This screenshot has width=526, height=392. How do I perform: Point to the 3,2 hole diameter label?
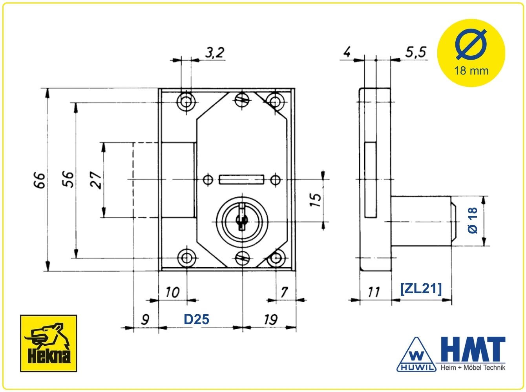(215, 53)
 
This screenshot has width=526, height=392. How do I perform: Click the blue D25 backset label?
(196, 319)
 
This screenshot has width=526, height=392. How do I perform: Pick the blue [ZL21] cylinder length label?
(421, 289)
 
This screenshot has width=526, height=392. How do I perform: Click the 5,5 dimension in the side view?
(416, 52)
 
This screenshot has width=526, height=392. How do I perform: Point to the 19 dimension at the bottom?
(271, 319)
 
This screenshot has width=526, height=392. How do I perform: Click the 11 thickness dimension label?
(374, 292)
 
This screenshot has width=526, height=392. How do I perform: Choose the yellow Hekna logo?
(48, 343)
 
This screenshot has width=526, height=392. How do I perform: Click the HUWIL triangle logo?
(416, 354)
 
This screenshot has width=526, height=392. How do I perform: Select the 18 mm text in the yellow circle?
(471, 71)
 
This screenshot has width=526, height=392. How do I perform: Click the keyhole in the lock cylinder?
(242, 217)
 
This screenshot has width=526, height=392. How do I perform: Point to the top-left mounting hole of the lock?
(186, 102)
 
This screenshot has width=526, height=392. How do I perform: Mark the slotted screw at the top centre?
(242, 98)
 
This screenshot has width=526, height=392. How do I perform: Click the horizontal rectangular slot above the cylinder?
(241, 180)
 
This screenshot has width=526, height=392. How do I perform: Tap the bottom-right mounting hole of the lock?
(276, 258)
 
